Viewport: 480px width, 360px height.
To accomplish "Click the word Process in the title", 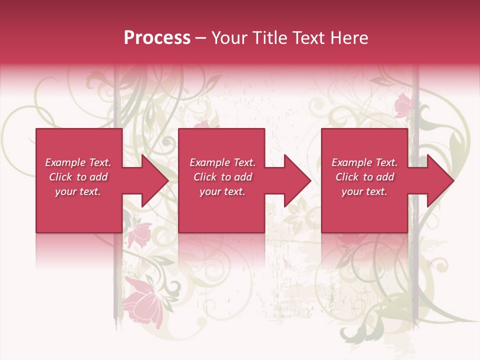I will (x=157, y=37).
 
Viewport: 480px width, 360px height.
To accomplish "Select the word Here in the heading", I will (x=349, y=37).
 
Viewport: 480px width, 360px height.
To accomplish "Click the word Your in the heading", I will (x=228, y=37).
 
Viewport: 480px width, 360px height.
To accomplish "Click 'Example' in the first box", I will (x=65, y=162).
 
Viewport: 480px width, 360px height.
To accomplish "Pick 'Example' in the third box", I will (x=352, y=162).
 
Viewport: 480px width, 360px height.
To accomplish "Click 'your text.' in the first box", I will (x=78, y=191).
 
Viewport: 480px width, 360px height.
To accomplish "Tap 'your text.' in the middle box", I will (x=222, y=191).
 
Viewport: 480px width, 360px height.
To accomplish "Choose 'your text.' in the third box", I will (x=364, y=191).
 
